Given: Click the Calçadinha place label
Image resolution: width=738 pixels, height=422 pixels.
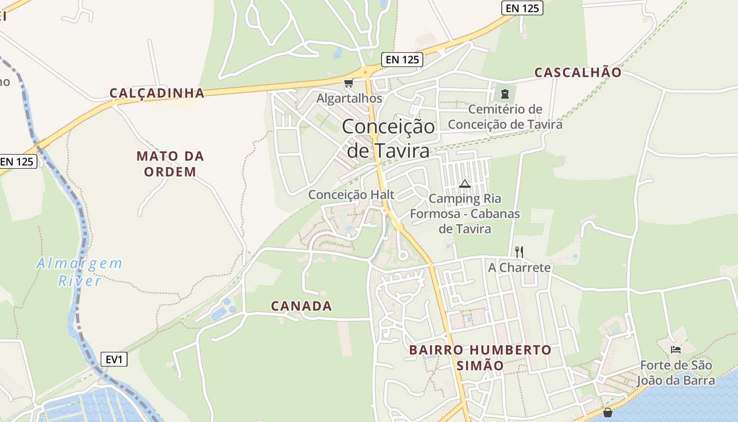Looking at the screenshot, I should click(157, 93).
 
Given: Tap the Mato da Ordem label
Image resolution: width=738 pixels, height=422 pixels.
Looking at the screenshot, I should click(170, 164).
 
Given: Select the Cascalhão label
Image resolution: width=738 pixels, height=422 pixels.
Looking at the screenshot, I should click(578, 73).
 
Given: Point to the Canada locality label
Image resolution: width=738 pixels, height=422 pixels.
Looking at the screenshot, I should click(301, 306).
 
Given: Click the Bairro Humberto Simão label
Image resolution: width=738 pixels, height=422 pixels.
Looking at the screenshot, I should click(480, 357).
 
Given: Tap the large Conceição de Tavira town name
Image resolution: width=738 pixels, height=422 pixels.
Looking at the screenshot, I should click(389, 138).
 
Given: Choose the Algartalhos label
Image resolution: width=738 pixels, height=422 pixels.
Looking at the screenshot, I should click(349, 99).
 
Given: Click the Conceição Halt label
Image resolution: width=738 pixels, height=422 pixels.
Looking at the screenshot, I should click(351, 195).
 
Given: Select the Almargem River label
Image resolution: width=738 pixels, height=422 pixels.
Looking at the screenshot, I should click(79, 272).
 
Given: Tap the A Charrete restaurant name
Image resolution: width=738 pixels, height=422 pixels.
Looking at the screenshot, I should click(519, 267).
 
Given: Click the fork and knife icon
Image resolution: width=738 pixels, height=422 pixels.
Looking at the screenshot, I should click(519, 252).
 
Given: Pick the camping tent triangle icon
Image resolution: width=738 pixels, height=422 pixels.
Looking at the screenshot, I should click(464, 184).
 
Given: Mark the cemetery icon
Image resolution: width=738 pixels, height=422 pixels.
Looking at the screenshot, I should click(505, 94).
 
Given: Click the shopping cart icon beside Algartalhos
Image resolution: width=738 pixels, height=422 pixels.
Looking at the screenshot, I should click(348, 83).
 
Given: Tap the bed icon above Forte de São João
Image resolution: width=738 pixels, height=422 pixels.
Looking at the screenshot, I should click(676, 349).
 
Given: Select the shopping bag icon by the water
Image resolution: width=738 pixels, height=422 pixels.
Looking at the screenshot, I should click(608, 413).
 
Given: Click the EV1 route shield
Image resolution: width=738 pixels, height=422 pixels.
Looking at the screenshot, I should click(114, 360).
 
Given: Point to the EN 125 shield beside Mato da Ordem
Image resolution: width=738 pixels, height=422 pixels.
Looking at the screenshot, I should click(17, 161).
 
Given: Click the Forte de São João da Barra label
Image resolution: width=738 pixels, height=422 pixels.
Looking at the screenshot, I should click(676, 372).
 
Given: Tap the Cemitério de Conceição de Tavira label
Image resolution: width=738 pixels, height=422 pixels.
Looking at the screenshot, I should click(505, 117).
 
